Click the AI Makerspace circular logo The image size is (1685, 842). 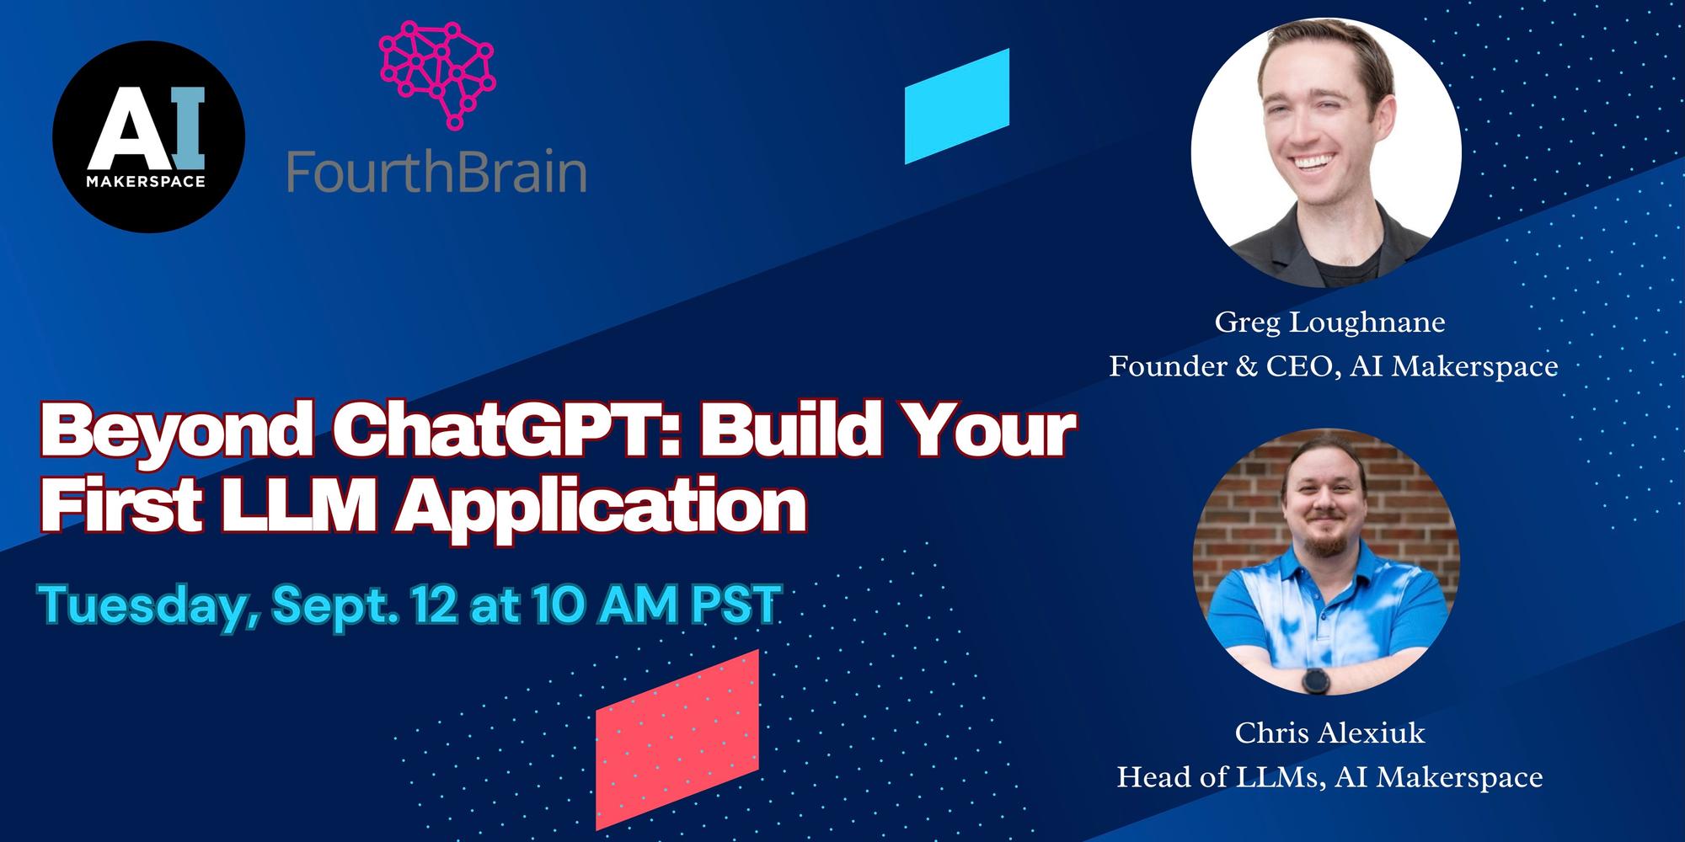(x=149, y=136)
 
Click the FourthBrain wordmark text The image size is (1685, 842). (x=436, y=172)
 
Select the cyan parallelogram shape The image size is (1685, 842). (x=957, y=106)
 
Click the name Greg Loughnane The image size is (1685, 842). (x=1329, y=322)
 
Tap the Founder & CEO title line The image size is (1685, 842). (x=1333, y=366)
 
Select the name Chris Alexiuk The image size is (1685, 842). (x=1329, y=733)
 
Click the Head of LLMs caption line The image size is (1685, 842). (x=1329, y=776)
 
